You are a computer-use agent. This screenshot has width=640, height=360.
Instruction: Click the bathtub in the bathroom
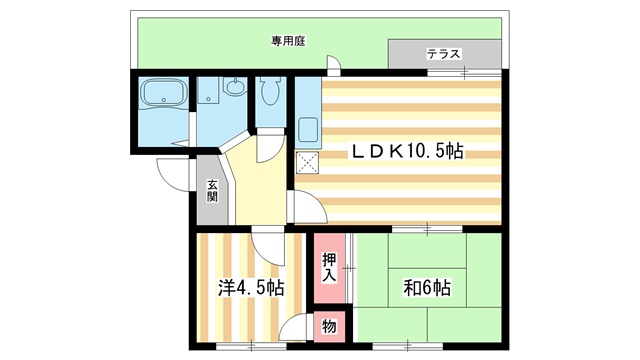coord(162,94)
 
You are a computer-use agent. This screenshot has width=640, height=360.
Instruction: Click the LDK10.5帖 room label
coord(405,152)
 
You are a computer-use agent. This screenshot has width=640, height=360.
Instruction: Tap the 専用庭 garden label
coord(287,41)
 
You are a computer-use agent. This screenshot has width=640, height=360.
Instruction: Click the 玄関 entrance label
coord(213,190)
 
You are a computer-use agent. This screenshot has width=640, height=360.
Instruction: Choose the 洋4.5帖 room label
coord(252,288)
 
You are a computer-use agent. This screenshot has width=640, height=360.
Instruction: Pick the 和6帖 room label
coord(427,288)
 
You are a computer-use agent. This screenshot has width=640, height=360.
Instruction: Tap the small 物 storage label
coord(329,326)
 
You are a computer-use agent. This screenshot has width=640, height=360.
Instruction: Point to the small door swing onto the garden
coord(334,65)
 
